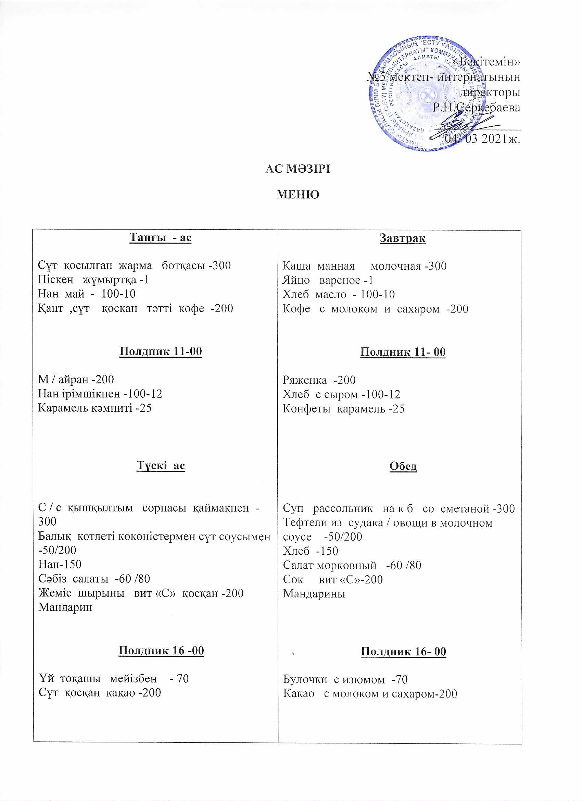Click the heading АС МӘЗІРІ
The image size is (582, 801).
pos(298,169)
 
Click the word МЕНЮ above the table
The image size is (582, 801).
pos(298,195)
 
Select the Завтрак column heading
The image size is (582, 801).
pos(403,238)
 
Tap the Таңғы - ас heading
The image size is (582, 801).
pos(160,237)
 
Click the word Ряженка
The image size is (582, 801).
pos(305,380)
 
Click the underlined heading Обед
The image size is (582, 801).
pos(403,466)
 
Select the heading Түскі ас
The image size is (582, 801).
pos(161,466)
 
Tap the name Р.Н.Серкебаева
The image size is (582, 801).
pos(477,108)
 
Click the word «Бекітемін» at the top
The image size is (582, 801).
pos(486,62)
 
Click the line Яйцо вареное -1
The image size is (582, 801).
pos(328,281)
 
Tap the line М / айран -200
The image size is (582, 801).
pos(76,380)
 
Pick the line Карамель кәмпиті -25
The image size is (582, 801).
pos(94,408)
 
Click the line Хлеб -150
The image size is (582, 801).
pos(311,551)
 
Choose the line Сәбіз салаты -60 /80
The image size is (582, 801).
pos(94,579)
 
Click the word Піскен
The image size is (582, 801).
pos(55,280)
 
